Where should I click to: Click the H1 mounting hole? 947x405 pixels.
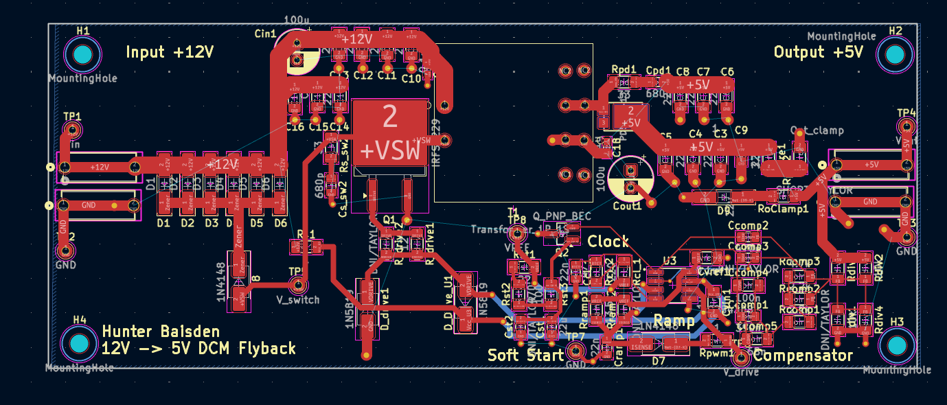point(82,54)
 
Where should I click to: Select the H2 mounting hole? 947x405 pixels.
point(895,54)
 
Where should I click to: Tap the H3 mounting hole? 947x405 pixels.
point(895,345)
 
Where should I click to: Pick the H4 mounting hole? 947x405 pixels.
point(80,343)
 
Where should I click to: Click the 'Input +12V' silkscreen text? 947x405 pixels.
point(170,52)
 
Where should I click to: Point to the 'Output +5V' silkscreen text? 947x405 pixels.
point(818,52)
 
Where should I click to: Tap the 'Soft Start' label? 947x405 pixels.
point(525,355)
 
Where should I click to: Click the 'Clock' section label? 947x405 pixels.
point(608,242)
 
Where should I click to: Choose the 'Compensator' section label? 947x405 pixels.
point(802,355)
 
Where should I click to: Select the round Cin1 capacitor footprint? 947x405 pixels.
point(297,54)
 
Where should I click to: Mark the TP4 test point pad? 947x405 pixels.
point(906,127)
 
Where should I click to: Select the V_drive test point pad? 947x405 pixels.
point(741,358)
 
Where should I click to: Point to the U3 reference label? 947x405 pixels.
point(670,260)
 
